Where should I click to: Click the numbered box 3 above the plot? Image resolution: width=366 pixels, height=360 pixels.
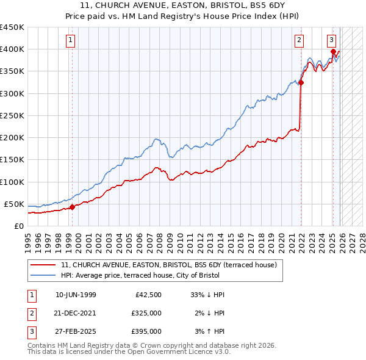[x=331, y=41]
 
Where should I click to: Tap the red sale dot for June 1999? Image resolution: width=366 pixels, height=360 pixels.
[x=72, y=207]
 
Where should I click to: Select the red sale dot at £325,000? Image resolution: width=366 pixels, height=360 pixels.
[x=301, y=82]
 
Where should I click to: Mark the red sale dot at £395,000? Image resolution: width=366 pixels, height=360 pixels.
[x=333, y=52]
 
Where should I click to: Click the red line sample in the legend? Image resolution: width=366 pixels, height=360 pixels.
[x=43, y=265]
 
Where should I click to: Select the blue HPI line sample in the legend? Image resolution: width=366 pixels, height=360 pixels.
[x=43, y=275]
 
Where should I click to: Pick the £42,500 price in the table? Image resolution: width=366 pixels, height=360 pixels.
[x=147, y=295]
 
